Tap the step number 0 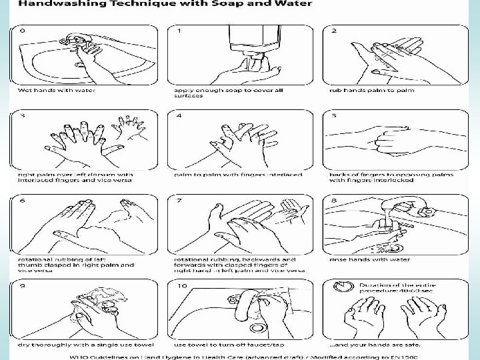[23, 31]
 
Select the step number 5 [334, 116]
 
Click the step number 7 [179, 201]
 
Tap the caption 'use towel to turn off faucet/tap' [227, 345]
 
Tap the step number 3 [23, 116]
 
